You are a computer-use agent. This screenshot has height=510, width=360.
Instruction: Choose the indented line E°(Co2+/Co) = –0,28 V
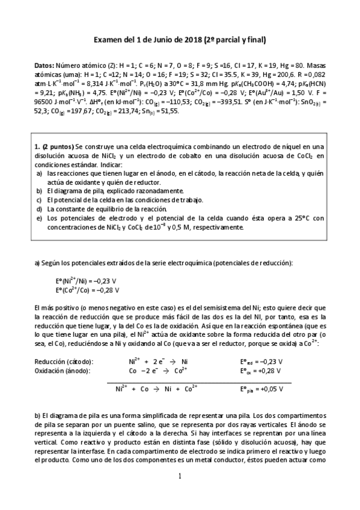[x=87, y=290]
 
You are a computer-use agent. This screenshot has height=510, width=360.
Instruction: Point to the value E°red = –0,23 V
[x=261, y=362]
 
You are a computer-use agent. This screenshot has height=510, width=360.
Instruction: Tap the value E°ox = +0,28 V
[x=261, y=371]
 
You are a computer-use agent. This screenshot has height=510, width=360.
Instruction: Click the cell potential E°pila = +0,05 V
[x=261, y=389]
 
